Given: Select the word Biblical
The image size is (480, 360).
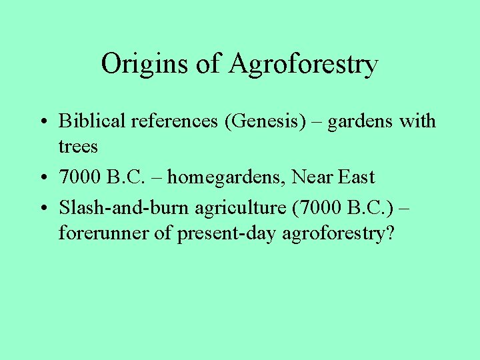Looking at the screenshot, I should tap(92, 121).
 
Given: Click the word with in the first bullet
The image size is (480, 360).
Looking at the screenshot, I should tap(418, 121).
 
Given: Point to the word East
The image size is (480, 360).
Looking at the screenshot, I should tap(357, 178).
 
